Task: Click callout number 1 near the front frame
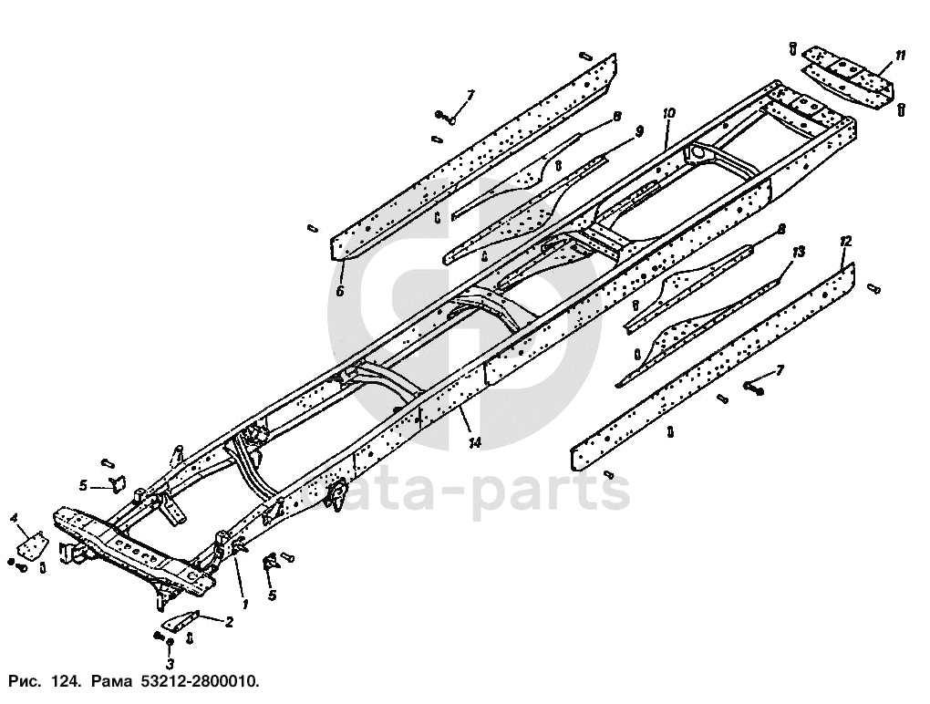click(x=243, y=603)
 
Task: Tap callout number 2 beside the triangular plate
click(x=229, y=622)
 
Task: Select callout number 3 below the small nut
click(x=170, y=666)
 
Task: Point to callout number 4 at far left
click(x=15, y=518)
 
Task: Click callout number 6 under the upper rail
click(x=339, y=292)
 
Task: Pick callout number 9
click(x=638, y=131)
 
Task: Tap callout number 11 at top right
click(x=900, y=57)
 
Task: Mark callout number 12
click(x=845, y=241)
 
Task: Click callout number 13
click(x=798, y=250)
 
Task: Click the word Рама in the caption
click(x=108, y=682)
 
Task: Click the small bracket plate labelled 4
click(x=34, y=547)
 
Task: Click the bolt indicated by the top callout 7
click(x=447, y=116)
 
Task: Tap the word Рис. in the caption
click(x=25, y=682)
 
